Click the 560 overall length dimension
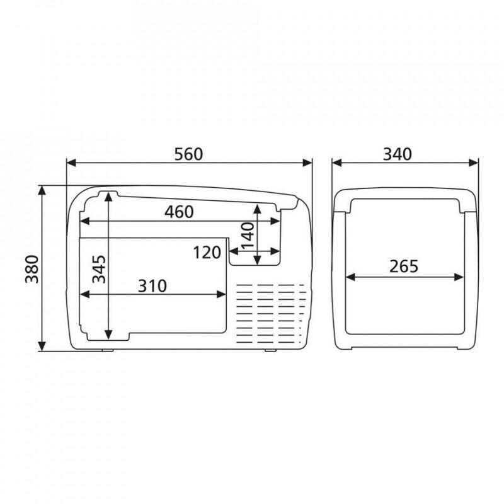188,154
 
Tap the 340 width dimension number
398,154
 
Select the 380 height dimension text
32,269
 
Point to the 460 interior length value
179,212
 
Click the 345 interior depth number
99,269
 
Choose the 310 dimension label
152,286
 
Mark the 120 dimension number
207,253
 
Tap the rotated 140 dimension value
248,236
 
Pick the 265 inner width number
404,266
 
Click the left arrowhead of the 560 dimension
71,163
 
